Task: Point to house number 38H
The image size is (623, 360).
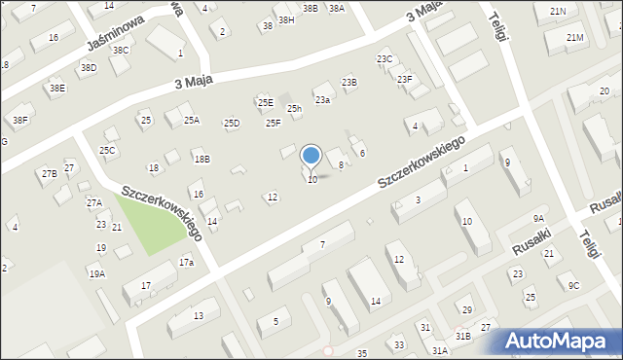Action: pos(285,19)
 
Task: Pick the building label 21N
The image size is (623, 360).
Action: pos(557,11)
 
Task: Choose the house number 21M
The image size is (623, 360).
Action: pos(574,37)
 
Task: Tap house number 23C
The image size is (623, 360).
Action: pos(385,59)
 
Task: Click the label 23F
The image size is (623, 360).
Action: pos(404,79)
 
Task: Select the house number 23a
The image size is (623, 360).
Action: pos(321,100)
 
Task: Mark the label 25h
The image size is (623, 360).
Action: pos(294,109)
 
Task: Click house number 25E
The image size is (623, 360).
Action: pos(265,102)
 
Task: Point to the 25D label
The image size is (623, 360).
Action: pos(231,123)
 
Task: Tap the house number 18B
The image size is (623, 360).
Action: pos(202,159)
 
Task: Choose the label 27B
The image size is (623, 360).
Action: pos(49,173)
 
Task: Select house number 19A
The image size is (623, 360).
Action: pos(96,274)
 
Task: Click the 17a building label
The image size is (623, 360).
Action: pos(186,263)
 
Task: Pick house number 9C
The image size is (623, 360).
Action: pos(573,285)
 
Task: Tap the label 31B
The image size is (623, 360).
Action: pos(463,336)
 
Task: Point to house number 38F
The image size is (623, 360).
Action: pos(19,121)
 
